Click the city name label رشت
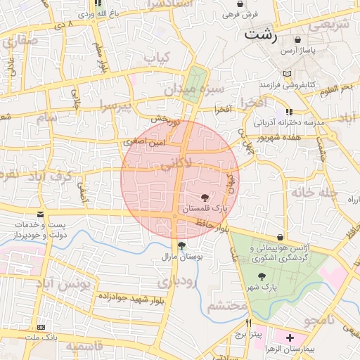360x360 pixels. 260,33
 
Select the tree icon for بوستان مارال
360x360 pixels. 182,245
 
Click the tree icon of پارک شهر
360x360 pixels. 262,276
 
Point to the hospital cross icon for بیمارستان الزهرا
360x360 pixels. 290,338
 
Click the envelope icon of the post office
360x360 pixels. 39,214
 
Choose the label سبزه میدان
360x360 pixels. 194,90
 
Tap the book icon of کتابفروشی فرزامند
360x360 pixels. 285,74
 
